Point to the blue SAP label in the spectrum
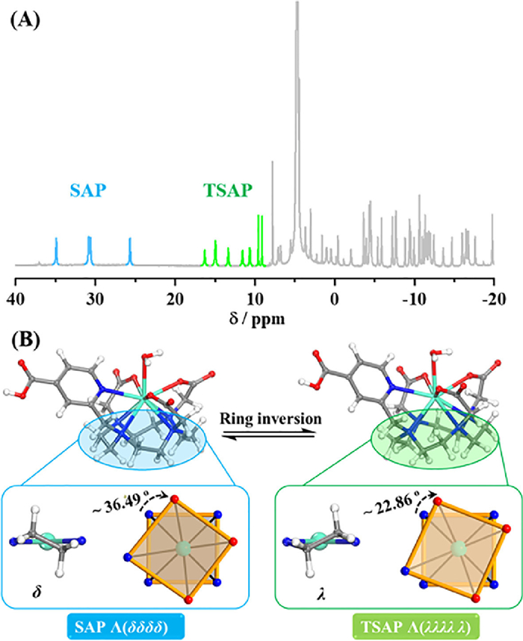coord(88,189)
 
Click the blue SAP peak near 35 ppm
coord(56,251)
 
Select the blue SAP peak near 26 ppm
coord(130,251)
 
